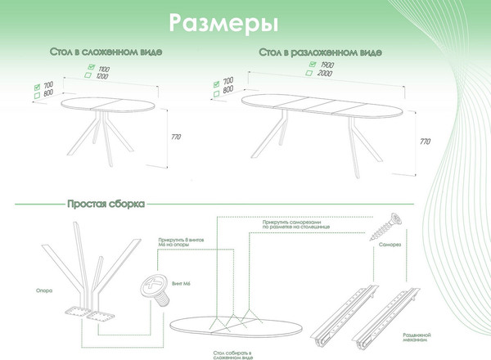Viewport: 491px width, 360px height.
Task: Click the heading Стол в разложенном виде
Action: pyautogui.click(x=320, y=52)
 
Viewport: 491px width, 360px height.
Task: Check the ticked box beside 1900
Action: pyautogui.click(x=311, y=64)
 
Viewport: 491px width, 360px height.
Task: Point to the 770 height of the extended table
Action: pyautogui.click(x=424, y=141)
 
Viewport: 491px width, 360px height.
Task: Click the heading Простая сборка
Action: pyautogui.click(x=106, y=202)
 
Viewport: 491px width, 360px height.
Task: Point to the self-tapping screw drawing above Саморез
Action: pyautogui.click(x=389, y=223)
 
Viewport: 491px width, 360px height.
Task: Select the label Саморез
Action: pyautogui.click(x=390, y=244)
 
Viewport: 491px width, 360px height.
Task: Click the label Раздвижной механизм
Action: pyautogui.click(x=418, y=338)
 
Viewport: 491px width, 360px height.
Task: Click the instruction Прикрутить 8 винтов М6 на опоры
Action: pyautogui.click(x=175, y=245)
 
